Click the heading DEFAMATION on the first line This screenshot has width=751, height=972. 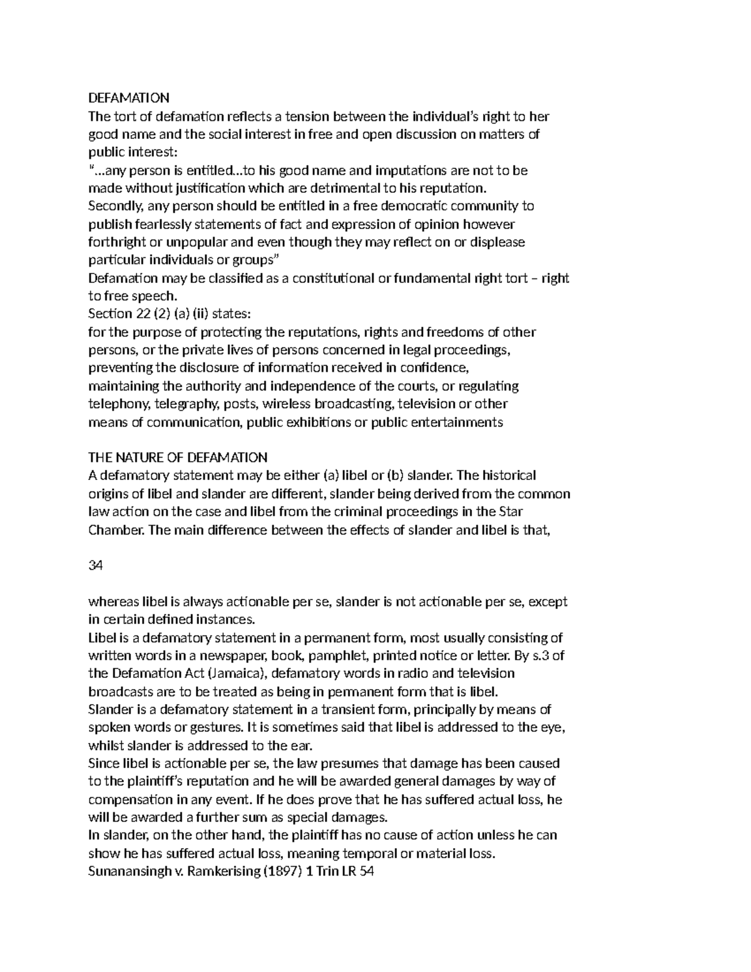129,98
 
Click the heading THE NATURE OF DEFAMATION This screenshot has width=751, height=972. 178,458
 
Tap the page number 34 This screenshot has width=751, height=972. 96,566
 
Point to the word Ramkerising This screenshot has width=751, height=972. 220,871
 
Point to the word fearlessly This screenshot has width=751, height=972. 162,224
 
